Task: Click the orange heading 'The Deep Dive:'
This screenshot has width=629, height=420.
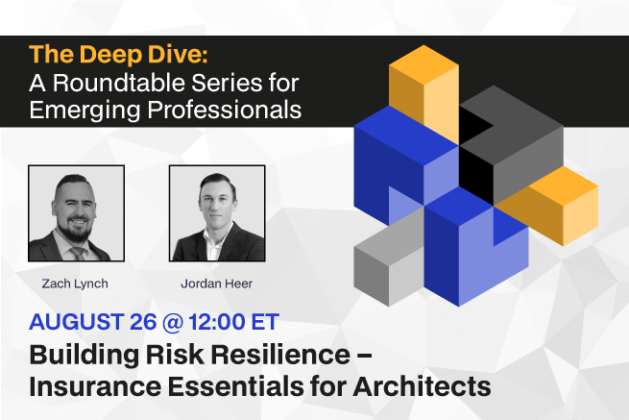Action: click(x=118, y=54)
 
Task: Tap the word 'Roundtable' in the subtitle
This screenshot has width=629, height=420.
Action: click(x=119, y=83)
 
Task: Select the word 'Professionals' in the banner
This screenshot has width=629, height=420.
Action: click(x=225, y=111)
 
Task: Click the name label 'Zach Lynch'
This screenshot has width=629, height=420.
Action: click(x=75, y=284)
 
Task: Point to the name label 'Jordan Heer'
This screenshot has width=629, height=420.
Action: click(x=217, y=284)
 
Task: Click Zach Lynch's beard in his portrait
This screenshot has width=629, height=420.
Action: click(x=76, y=231)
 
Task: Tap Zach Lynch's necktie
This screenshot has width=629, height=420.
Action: click(x=77, y=254)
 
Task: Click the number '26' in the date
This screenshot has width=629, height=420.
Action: click(x=143, y=322)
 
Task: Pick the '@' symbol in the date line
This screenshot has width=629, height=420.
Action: click(x=173, y=322)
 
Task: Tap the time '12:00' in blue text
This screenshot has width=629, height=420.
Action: click(x=217, y=322)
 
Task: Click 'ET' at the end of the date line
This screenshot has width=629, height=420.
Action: click(x=265, y=322)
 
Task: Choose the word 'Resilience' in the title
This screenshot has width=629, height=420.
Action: click(x=280, y=355)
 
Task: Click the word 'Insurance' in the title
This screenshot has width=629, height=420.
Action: click(x=95, y=386)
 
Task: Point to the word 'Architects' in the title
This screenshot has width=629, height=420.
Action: click(x=422, y=386)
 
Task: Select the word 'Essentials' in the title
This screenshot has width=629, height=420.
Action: click(x=235, y=386)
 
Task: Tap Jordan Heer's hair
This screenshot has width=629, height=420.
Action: click(x=217, y=182)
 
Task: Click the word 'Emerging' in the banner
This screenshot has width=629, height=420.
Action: click(x=85, y=111)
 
